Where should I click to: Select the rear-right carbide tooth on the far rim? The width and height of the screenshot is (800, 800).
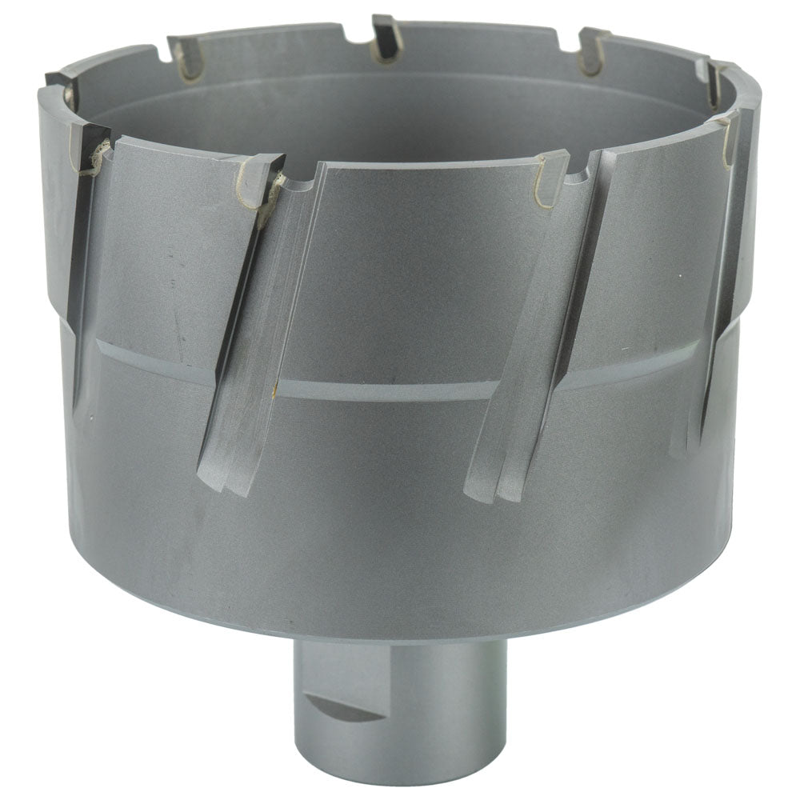593,50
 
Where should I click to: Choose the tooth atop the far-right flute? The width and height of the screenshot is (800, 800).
726,136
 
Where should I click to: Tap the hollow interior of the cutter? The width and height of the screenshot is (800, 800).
400,112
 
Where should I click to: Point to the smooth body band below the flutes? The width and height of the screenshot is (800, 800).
400,544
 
